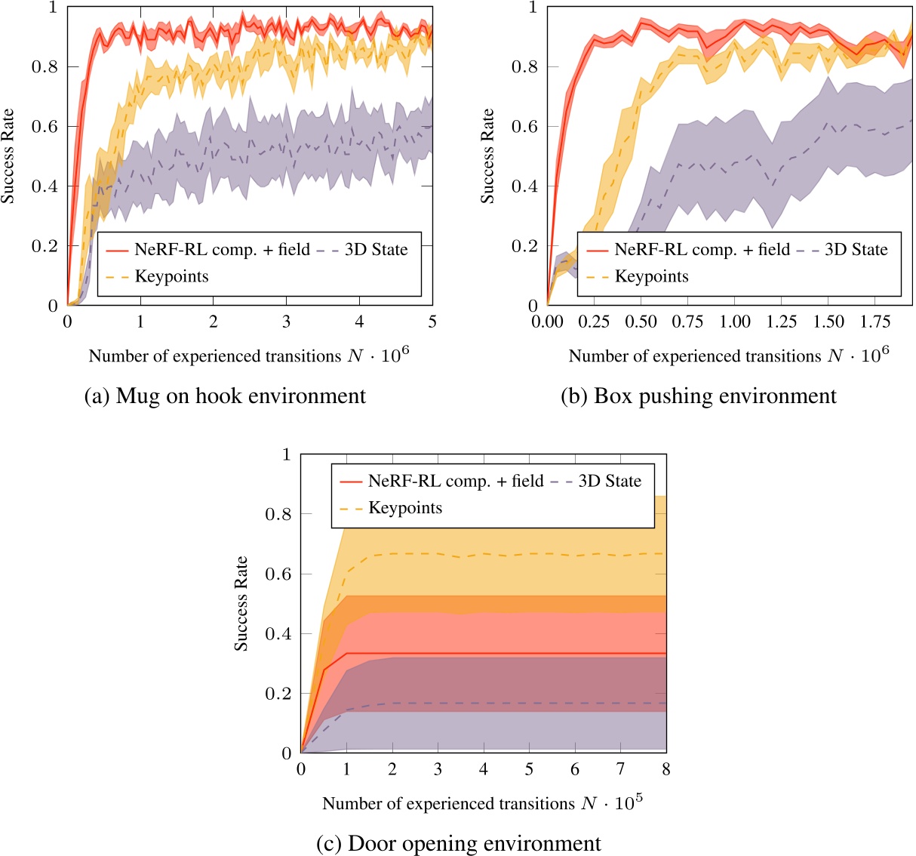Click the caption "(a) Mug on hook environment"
pos(225,396)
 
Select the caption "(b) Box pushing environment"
pos(699,396)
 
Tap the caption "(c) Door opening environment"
pos(459,843)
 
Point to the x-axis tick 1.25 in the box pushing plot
pos(782,322)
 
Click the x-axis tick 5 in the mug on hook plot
pos(432,322)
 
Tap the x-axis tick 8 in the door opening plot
pos(665,769)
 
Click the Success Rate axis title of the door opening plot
pos(241,603)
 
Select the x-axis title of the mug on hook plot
pos(249,356)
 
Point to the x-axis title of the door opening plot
pos(482,803)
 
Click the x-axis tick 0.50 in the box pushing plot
pos(641,322)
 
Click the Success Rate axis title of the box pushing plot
pos(487,155)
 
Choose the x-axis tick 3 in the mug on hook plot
pos(286,322)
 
